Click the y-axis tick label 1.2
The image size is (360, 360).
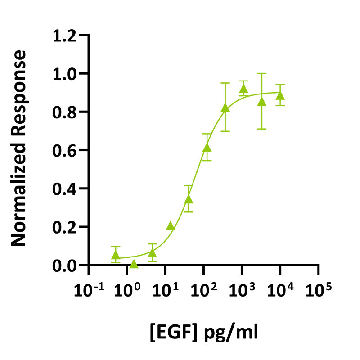pyautogui.click(x=64, y=36)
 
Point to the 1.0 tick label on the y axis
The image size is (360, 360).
pyautogui.click(x=64, y=74)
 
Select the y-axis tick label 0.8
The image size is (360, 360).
pyautogui.click(x=64, y=112)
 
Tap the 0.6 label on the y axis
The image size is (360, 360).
pyautogui.click(x=64, y=150)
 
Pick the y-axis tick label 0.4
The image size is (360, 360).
pyautogui.click(x=64, y=189)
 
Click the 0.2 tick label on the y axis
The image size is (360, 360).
pyautogui.click(x=64, y=227)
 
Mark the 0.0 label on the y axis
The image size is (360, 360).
pyautogui.click(x=64, y=265)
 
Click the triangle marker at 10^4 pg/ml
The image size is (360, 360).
pyautogui.click(x=280, y=95)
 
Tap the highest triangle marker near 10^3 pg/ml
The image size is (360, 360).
pyautogui.click(x=244, y=89)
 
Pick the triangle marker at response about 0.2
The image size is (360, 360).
pyautogui.click(x=171, y=226)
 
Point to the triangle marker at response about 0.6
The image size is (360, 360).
pyautogui.click(x=207, y=148)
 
